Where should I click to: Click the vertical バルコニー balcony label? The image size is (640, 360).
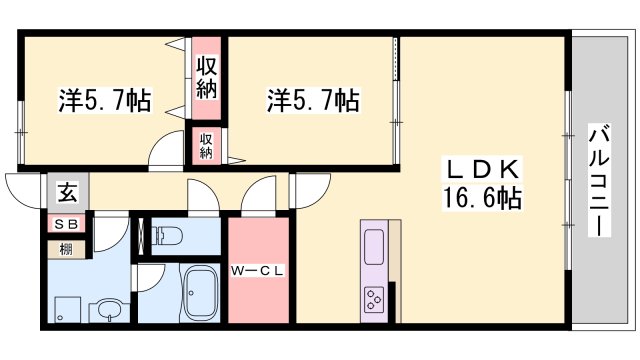tap(599, 181)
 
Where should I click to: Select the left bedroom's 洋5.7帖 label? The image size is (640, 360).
tap(104, 100)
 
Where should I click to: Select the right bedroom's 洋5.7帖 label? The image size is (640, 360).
tap(313, 100)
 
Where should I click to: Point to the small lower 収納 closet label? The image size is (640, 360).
tap(206, 145)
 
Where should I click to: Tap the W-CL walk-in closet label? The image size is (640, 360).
tap(259, 269)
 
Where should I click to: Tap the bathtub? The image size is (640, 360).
tap(206, 295)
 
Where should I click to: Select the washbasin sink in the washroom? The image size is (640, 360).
tap(108, 311)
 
